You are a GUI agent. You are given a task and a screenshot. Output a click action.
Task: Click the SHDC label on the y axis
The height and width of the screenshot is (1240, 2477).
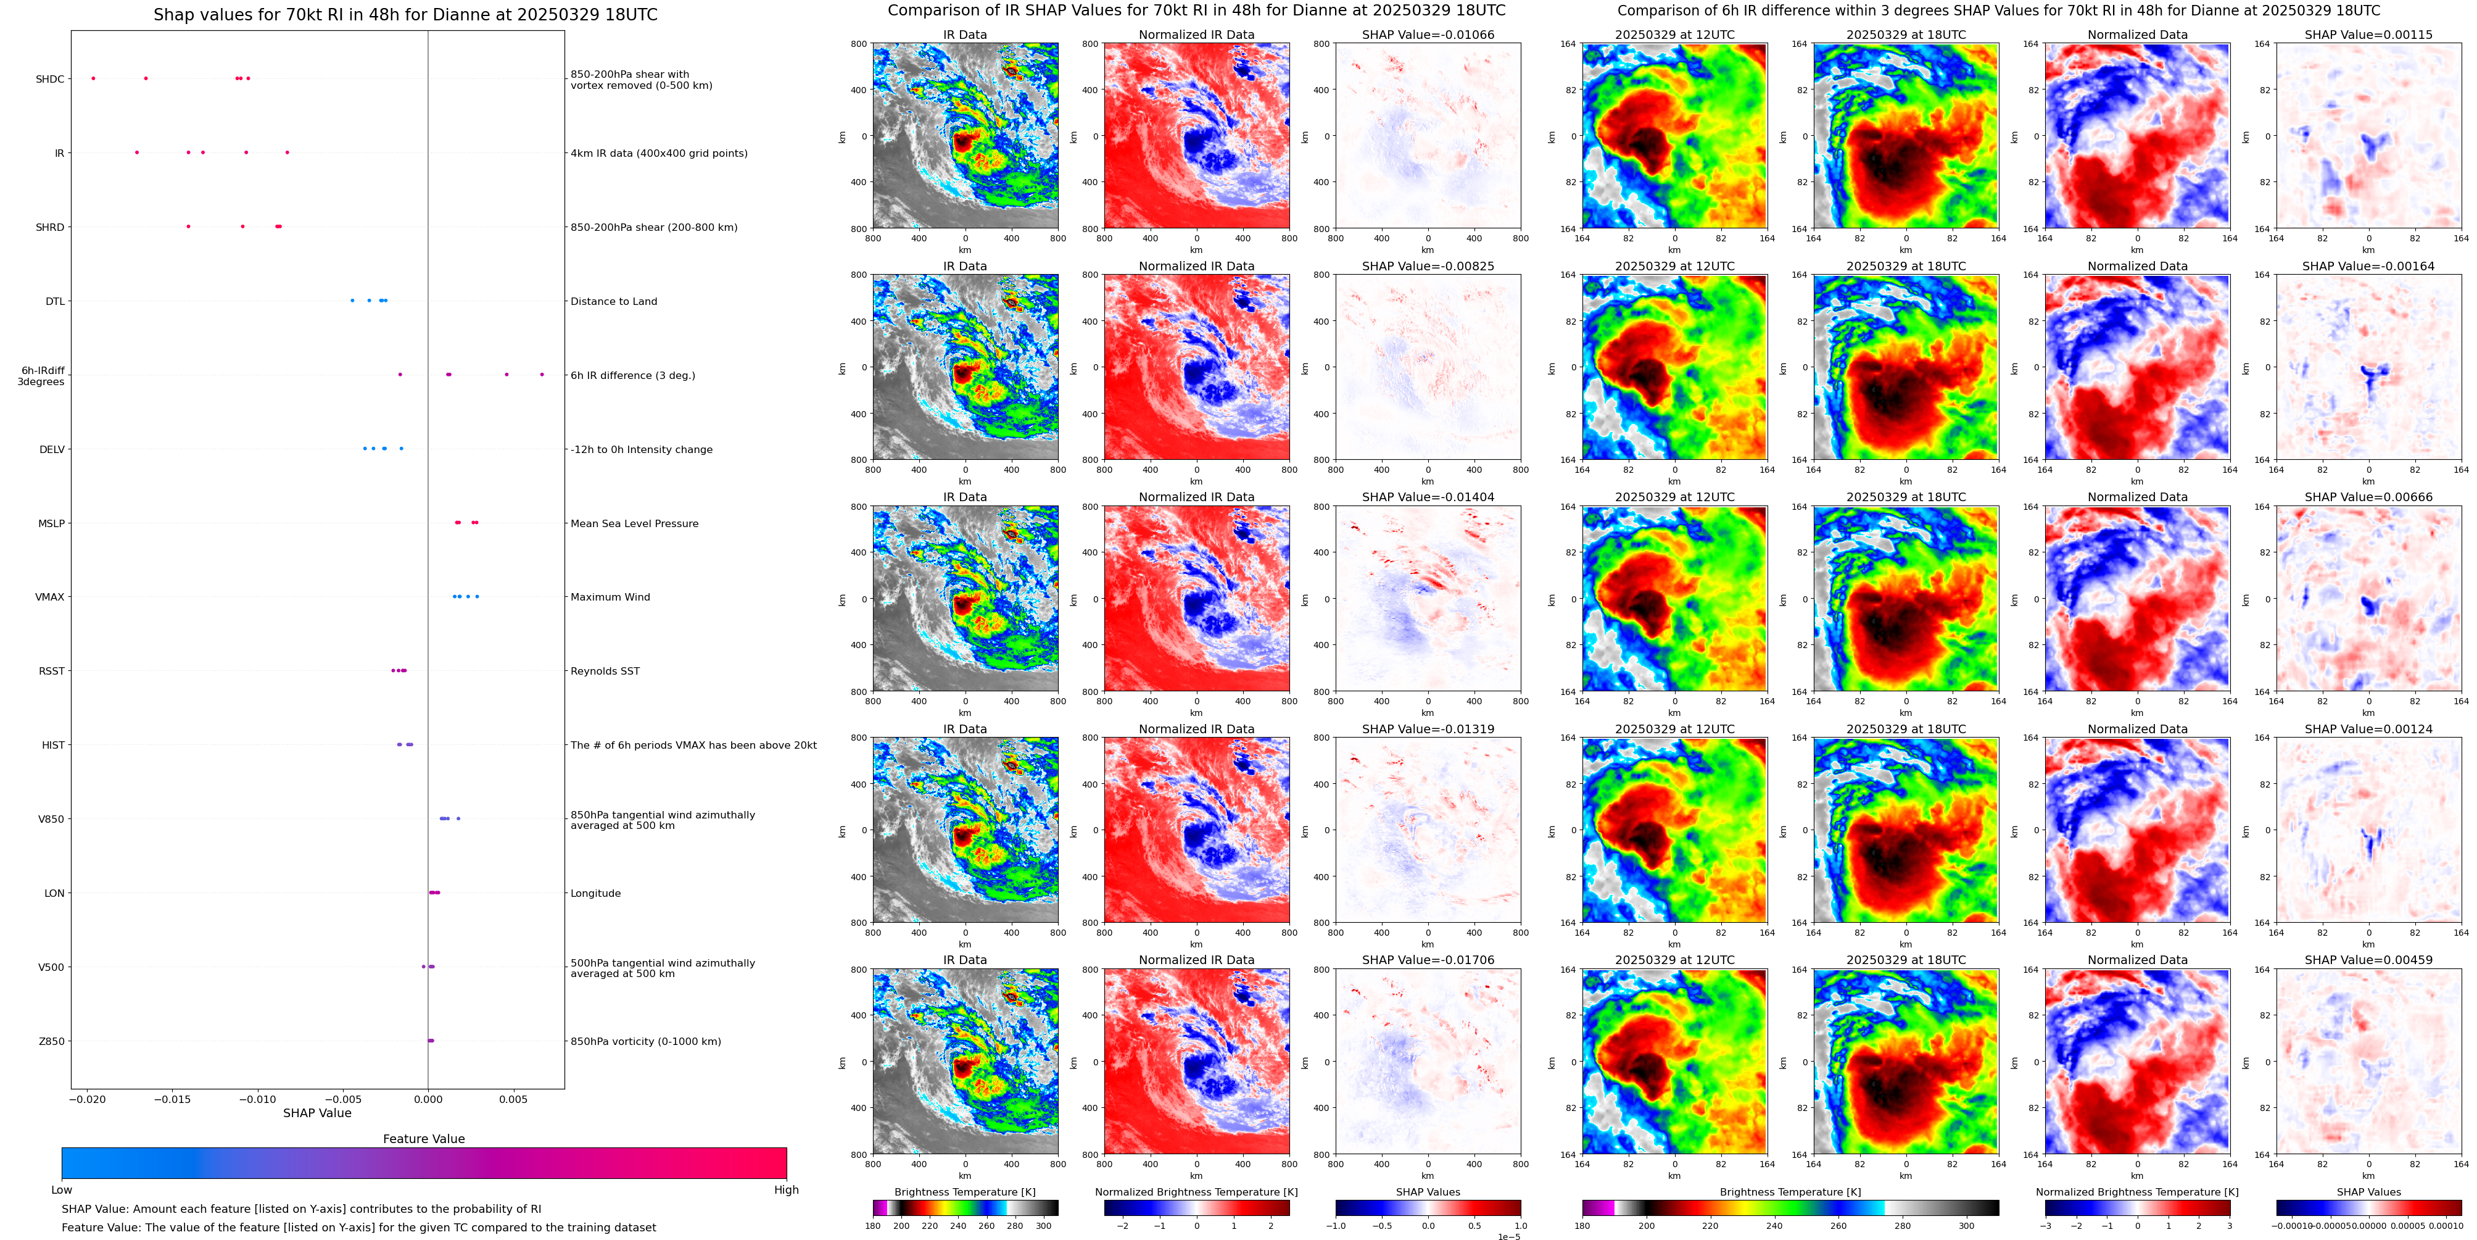coord(50,79)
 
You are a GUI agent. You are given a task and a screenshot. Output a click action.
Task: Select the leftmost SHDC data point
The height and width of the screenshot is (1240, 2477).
coord(93,78)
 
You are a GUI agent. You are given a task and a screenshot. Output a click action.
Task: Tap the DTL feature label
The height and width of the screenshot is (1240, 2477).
coord(55,301)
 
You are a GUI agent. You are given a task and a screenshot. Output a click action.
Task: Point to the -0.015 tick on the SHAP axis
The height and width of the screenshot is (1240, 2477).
coord(173,1099)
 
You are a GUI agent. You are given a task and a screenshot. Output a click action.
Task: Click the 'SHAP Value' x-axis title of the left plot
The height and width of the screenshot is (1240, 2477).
coord(317,1113)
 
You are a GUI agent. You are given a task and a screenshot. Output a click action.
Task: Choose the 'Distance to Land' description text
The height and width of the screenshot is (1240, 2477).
coord(613,301)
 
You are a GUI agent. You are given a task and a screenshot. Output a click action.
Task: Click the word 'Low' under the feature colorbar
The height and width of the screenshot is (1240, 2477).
coord(62,1190)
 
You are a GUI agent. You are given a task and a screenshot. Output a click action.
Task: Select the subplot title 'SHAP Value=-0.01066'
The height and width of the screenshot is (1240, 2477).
coord(1428,35)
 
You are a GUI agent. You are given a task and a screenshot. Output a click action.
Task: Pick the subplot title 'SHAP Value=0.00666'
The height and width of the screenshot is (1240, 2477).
coord(2368,497)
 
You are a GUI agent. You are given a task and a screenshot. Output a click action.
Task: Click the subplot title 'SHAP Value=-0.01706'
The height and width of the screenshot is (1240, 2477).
coord(1428,960)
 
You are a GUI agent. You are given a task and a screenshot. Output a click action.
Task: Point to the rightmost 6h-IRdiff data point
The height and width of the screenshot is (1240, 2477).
coord(542,374)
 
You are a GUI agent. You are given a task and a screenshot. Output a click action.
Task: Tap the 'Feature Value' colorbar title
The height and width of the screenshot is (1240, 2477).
coord(424,1139)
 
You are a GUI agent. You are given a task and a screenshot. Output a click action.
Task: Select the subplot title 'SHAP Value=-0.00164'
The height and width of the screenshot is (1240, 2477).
coord(2368,267)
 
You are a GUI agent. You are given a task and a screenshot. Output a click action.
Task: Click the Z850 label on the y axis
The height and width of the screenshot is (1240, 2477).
coord(51,1041)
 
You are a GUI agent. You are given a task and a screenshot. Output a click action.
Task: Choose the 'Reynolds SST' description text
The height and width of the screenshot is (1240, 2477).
coord(605,672)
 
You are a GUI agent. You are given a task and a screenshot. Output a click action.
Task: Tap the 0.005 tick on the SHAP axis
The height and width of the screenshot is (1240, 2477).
coord(513,1099)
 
